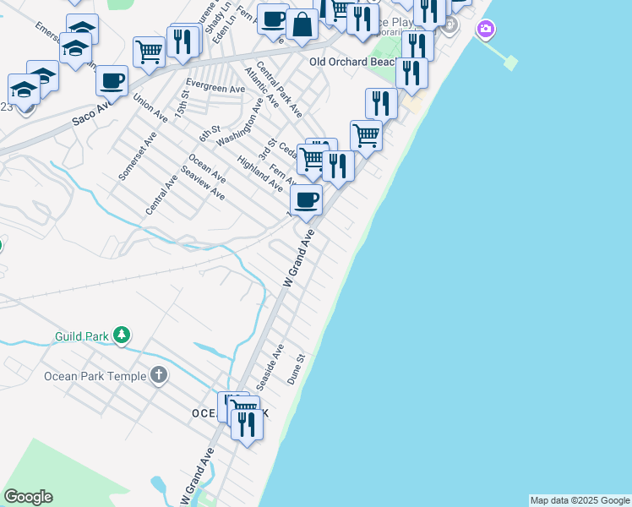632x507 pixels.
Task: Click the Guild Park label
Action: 82,335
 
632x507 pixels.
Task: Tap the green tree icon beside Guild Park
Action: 123,335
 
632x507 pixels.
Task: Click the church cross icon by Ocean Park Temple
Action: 159,375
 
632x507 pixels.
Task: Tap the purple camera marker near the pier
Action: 485,30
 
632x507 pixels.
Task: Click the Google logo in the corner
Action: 28,497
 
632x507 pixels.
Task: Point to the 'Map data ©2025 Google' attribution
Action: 580,500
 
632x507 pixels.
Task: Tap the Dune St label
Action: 295,369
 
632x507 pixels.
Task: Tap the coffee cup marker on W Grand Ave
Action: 306,200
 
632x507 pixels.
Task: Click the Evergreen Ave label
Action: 215,87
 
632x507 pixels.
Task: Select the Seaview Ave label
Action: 203,182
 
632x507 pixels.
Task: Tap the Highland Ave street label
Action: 260,173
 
